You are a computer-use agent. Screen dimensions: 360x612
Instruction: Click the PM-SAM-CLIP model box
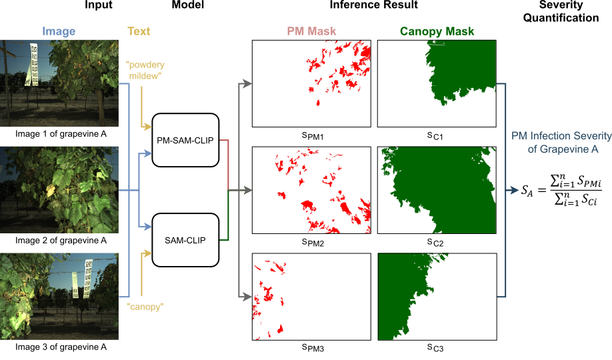point(186,140)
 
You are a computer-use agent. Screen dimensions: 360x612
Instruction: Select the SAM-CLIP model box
point(186,239)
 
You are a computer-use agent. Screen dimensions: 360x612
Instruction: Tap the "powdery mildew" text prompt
point(145,71)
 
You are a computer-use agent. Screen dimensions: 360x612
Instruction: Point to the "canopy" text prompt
point(145,307)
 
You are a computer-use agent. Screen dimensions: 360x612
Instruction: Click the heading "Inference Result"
point(373,5)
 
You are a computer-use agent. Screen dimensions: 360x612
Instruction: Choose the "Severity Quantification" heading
point(569,11)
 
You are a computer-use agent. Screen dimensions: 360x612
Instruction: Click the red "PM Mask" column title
point(311,31)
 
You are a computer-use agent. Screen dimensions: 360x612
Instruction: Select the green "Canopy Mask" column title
point(437,31)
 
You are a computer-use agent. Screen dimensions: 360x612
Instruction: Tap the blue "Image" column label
point(59,31)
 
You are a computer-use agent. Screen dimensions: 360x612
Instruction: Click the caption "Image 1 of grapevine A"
point(59,134)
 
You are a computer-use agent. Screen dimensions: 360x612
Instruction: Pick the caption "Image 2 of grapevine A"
point(59,241)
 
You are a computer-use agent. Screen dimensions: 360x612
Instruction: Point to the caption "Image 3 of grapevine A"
point(59,347)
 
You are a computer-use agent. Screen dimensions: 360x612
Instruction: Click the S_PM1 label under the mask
point(311,136)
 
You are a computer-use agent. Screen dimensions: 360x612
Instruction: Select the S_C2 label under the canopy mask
point(437,243)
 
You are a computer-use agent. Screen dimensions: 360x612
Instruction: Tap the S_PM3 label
point(311,349)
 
